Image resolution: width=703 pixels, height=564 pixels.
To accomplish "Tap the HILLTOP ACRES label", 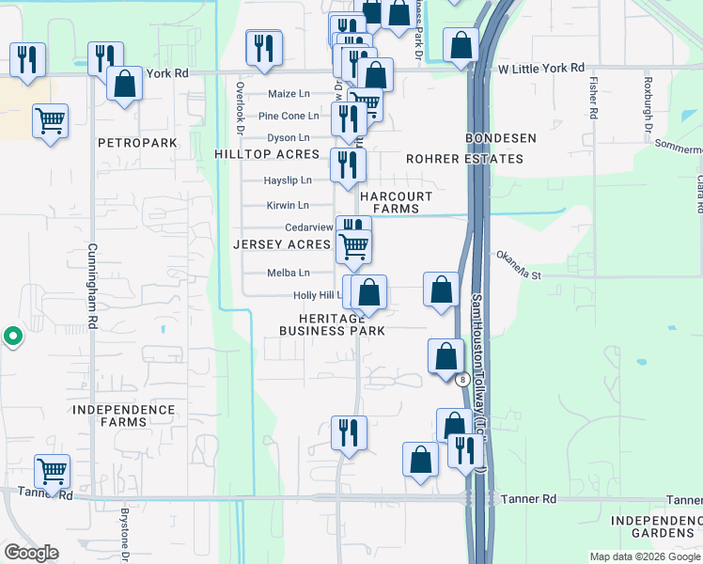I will click(x=267, y=154).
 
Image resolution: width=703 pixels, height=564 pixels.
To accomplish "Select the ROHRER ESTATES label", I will click(x=464, y=159).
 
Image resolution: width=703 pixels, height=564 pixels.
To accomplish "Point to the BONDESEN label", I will click(x=502, y=138).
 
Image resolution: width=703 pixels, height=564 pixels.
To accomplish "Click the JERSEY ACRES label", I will click(x=282, y=244).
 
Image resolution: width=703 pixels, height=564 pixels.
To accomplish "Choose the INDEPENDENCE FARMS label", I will click(x=124, y=415).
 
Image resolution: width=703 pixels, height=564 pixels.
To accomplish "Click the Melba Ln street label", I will click(x=289, y=274).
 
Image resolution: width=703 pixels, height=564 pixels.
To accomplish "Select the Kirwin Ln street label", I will click(x=288, y=205).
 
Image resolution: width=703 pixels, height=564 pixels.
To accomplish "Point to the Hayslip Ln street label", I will click(x=287, y=180).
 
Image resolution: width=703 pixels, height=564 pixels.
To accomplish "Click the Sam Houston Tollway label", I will click(x=477, y=376).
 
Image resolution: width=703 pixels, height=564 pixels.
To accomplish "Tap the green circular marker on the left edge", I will click(x=12, y=336).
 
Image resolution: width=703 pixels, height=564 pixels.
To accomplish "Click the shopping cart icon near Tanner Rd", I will click(x=52, y=469).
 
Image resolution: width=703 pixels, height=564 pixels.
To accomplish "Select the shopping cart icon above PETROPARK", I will click(x=50, y=119).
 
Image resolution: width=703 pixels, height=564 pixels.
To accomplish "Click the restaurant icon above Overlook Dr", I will click(x=264, y=46).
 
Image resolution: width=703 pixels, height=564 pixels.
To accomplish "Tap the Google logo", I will click(x=31, y=553).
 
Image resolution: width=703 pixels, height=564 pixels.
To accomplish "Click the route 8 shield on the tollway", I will click(x=462, y=380).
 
